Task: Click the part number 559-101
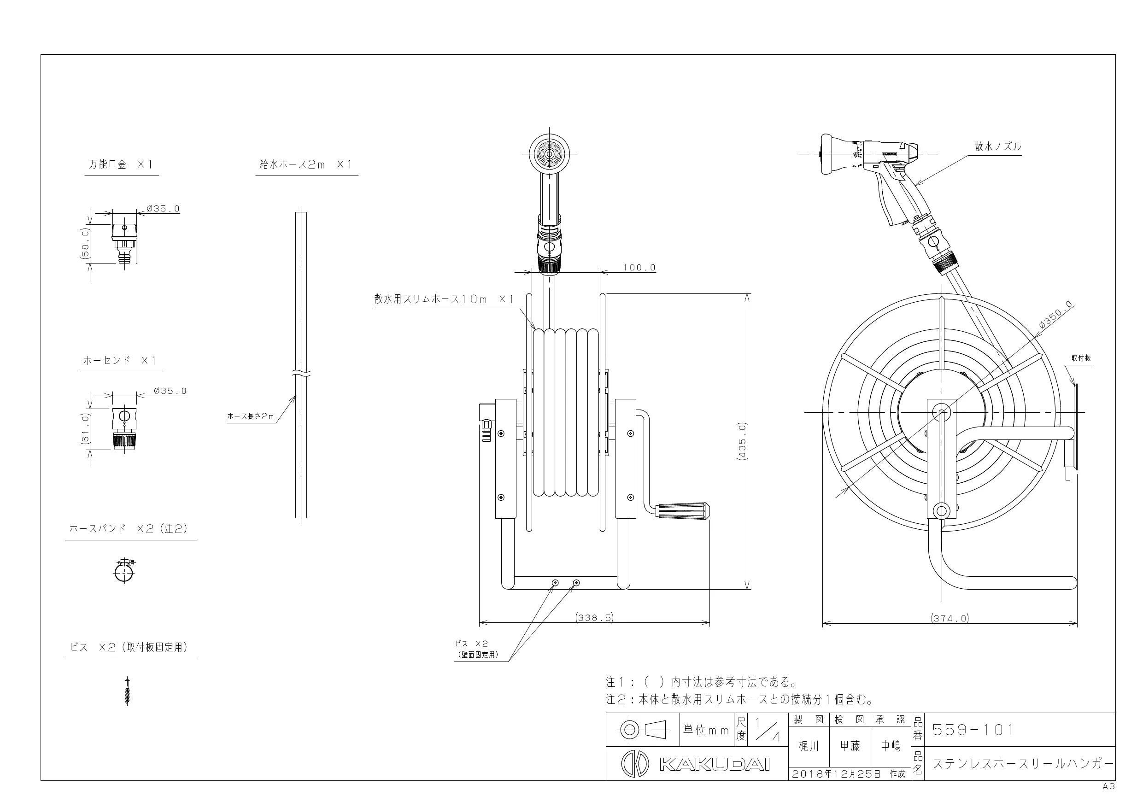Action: pos(972,729)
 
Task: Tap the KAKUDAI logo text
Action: pos(715,763)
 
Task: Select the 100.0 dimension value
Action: pos(639,268)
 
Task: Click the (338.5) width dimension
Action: pos(594,618)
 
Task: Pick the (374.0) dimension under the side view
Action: pos(950,618)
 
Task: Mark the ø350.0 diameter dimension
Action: pos(1056,316)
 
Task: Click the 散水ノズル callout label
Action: pos(997,146)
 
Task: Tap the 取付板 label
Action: pos(1081,358)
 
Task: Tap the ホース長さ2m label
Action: pos(251,416)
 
